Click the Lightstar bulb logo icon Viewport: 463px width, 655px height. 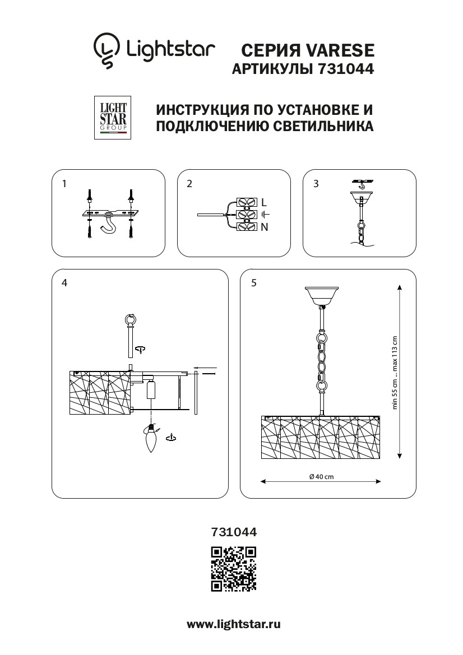(x=106, y=50)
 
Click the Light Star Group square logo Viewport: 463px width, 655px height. (x=113, y=117)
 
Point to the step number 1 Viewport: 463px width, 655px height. (x=64, y=183)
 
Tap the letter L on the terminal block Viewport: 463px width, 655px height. (x=263, y=203)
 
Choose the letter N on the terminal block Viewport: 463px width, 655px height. (x=264, y=227)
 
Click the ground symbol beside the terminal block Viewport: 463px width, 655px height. (x=265, y=215)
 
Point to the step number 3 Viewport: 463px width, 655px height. (x=316, y=183)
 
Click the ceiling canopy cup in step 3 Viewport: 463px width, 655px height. (x=362, y=197)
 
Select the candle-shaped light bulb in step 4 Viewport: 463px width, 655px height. (x=151, y=438)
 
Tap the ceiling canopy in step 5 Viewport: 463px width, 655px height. (x=321, y=295)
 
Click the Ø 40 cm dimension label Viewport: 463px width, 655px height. (x=321, y=477)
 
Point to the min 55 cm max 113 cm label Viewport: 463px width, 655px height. (x=395, y=373)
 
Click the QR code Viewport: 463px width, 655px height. (x=234, y=569)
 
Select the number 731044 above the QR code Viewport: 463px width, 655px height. (x=234, y=532)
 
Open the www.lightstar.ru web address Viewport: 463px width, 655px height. (x=234, y=625)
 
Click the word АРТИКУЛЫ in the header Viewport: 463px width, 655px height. (x=273, y=68)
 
